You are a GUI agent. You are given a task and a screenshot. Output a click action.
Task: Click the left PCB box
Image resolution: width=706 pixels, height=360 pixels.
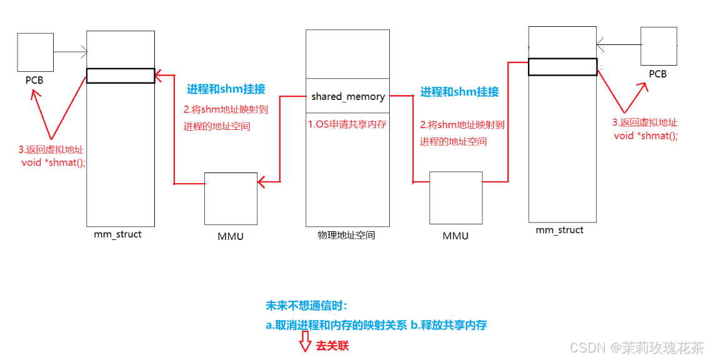click(x=35, y=52)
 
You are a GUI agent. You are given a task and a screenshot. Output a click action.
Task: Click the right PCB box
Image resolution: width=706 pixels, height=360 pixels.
click(x=659, y=46)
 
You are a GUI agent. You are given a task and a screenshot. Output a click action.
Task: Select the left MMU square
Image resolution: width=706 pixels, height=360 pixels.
click(x=231, y=199)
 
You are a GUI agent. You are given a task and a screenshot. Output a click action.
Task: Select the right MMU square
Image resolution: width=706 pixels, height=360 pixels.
click(x=455, y=197)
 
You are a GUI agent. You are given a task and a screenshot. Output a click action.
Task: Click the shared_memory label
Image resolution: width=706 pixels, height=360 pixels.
click(x=348, y=96)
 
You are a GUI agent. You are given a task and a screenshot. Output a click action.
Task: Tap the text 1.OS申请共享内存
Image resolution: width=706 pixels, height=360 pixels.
click(x=347, y=124)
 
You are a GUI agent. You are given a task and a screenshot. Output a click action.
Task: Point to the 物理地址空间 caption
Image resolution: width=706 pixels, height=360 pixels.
click(x=347, y=235)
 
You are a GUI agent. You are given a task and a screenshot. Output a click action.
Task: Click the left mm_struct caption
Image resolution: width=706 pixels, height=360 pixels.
click(x=117, y=234)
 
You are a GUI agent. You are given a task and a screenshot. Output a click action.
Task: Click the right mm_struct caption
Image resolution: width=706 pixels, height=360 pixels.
click(x=559, y=230)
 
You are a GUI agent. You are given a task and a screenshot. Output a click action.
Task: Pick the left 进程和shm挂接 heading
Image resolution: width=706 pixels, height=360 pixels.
click(x=226, y=89)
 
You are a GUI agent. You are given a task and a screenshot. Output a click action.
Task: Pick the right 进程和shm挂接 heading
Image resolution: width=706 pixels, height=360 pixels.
click(x=459, y=92)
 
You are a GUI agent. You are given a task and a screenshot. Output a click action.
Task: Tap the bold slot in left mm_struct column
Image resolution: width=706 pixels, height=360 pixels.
click(x=121, y=76)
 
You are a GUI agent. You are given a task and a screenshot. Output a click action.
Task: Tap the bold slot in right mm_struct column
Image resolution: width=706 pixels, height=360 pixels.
click(x=562, y=66)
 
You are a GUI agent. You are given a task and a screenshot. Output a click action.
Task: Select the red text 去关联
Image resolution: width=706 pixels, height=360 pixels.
click(x=332, y=345)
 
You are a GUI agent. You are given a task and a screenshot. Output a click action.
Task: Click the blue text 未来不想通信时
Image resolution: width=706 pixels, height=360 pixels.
click(x=306, y=306)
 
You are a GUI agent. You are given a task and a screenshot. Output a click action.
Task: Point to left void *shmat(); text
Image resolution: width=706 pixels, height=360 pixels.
click(x=53, y=162)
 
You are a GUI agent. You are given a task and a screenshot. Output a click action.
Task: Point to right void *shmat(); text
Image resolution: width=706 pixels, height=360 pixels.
click(x=645, y=135)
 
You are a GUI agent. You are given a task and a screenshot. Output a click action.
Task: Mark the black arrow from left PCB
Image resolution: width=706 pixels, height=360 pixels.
click(x=70, y=52)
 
